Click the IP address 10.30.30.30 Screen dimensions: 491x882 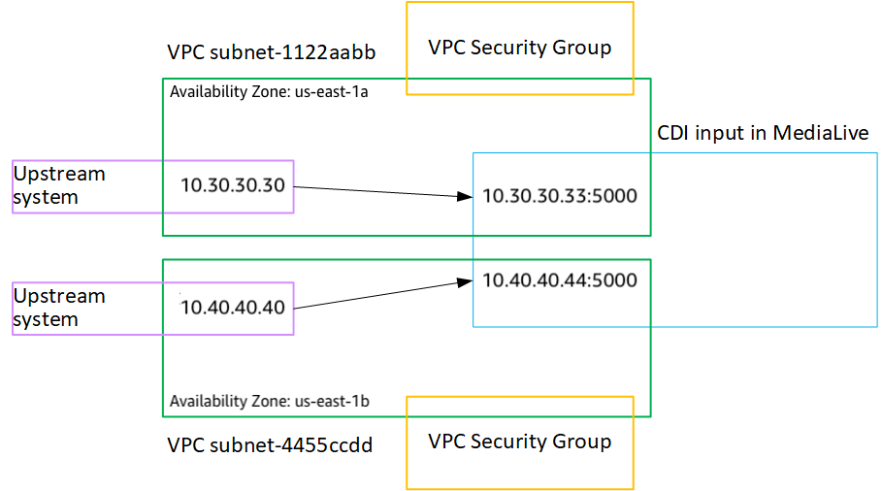(x=233, y=184)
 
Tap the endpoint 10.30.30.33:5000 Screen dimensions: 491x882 (x=560, y=196)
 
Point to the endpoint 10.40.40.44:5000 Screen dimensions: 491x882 (x=560, y=280)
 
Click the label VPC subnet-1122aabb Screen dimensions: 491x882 (x=271, y=52)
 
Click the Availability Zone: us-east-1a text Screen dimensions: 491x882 (x=269, y=92)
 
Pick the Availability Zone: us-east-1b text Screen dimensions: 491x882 (x=269, y=401)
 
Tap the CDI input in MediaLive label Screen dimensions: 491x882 (x=763, y=133)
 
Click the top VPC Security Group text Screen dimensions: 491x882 (x=520, y=48)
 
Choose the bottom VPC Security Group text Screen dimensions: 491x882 (x=520, y=442)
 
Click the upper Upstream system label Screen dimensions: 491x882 (x=58, y=185)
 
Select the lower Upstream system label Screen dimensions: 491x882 (x=58, y=308)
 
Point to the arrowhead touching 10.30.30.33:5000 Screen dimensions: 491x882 (x=465, y=197)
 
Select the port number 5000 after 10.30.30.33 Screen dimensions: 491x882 (x=615, y=196)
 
